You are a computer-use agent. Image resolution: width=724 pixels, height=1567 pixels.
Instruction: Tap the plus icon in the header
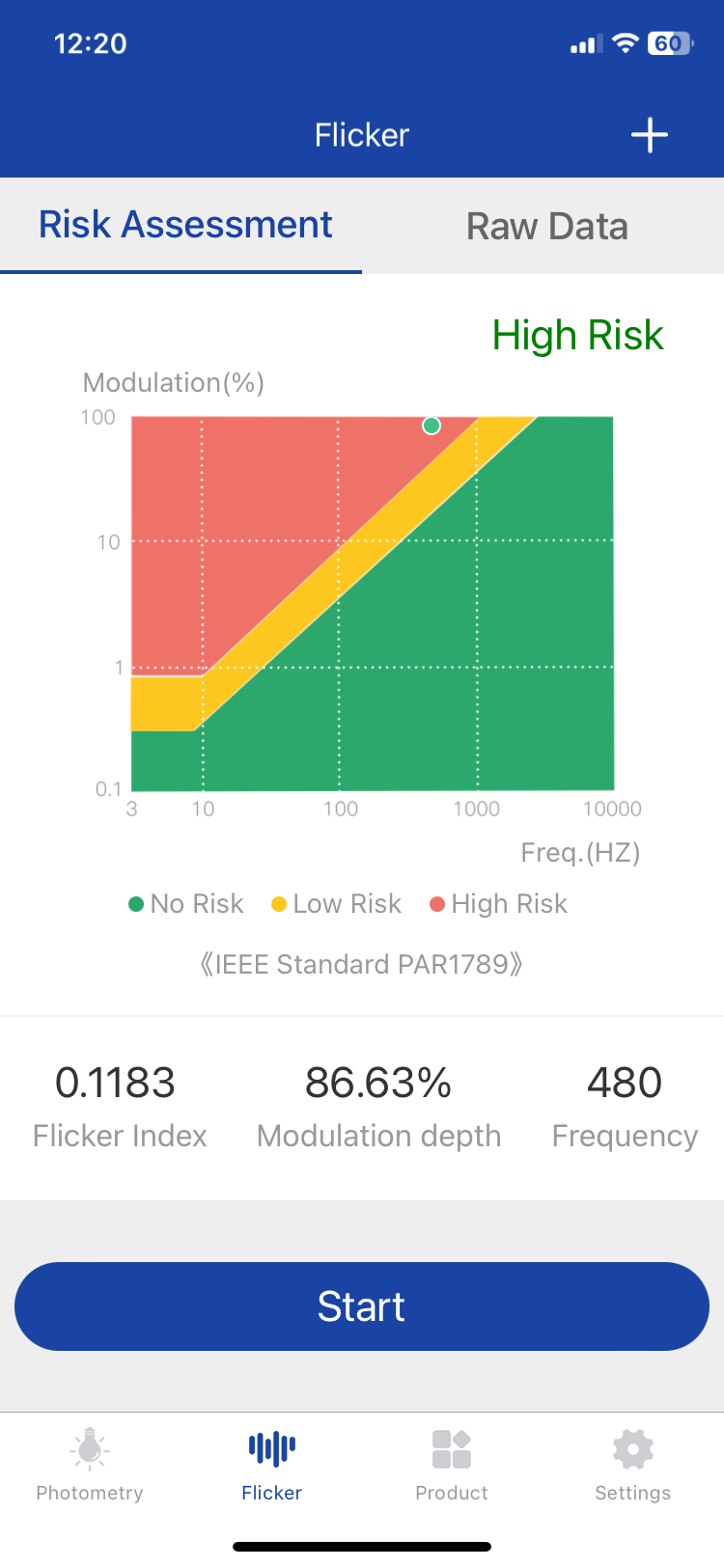pos(650,135)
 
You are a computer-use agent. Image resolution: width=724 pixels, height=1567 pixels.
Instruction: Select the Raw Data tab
pos(546,227)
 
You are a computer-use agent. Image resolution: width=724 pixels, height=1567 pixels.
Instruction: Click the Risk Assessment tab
pos(185,225)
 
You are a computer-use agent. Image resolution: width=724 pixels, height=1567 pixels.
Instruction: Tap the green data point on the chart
pos(432,426)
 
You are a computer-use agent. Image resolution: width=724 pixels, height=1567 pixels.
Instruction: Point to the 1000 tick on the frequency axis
pos(477,809)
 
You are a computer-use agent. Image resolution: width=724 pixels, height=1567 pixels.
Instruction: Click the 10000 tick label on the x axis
pos(612,809)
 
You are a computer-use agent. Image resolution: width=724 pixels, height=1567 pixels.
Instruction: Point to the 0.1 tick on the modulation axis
pos(108,789)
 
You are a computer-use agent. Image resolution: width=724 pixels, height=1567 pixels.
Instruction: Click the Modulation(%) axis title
pos(174,383)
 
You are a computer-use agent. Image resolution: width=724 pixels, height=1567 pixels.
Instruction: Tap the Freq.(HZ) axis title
pos(580,852)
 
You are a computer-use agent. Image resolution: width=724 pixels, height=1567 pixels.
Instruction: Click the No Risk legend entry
pos(186,904)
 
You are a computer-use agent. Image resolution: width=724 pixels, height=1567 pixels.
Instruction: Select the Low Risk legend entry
pos(337,904)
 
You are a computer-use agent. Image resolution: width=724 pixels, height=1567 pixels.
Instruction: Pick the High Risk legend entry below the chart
pos(499,904)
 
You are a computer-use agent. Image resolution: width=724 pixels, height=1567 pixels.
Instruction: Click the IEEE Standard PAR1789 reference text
pos(361,964)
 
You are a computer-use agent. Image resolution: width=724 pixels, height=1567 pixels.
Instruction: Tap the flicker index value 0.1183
pos(115,1083)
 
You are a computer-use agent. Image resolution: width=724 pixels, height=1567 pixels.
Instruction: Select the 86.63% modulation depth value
pos(378,1083)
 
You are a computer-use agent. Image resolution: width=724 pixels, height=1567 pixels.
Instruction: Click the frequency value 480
pos(625,1083)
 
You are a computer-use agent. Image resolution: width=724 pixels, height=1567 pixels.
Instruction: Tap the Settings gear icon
pos(633,1449)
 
